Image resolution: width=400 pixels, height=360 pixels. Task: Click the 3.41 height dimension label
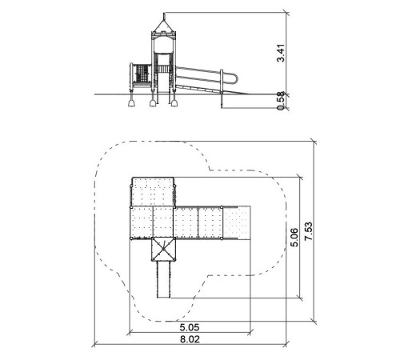(x=281, y=53)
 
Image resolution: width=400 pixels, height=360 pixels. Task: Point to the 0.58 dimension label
(x=281, y=101)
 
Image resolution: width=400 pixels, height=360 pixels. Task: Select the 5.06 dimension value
(x=294, y=238)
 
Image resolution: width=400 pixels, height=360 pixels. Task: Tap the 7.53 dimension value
(x=308, y=231)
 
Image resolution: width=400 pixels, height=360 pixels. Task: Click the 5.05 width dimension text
(x=190, y=327)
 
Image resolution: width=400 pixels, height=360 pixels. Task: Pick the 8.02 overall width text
(x=190, y=339)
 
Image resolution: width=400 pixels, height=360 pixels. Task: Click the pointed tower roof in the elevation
(x=163, y=26)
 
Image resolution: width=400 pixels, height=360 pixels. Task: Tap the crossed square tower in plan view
(x=163, y=250)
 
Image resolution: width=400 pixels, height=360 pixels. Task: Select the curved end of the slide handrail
(x=235, y=78)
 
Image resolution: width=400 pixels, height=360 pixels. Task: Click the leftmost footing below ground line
(x=132, y=102)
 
